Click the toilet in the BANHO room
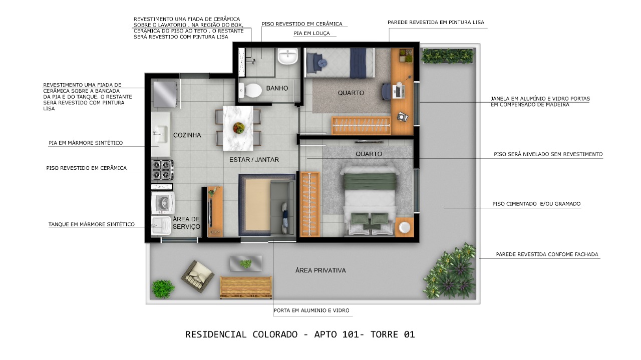[251, 91]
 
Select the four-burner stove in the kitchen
[162, 169]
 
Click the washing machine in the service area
[163, 203]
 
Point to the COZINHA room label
[187, 135]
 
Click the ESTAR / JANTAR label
[254, 160]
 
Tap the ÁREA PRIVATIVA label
[320, 270]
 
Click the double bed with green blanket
[371, 200]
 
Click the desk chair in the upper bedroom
[387, 92]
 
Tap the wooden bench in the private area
[245, 287]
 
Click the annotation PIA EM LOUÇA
[311, 34]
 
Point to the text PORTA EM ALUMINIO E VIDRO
[311, 311]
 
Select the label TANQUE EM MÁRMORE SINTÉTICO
[91, 224]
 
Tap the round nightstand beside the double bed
[404, 227]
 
